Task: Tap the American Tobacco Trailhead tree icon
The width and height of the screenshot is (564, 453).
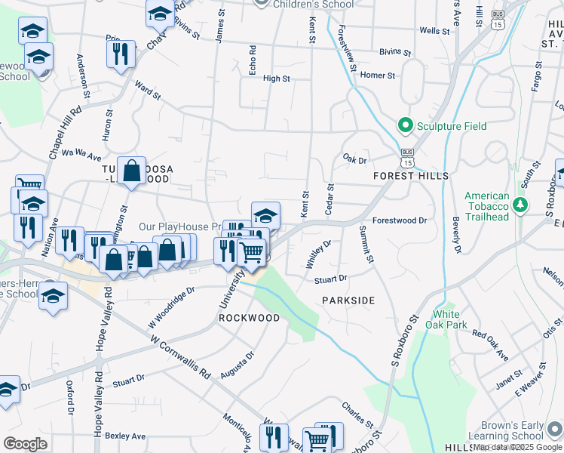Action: (x=520, y=205)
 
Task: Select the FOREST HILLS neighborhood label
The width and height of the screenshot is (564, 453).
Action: (x=411, y=175)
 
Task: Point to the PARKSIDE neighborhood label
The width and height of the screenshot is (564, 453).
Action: (x=348, y=300)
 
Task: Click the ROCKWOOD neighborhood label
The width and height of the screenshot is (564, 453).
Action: (x=249, y=318)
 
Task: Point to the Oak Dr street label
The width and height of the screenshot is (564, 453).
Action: (x=354, y=159)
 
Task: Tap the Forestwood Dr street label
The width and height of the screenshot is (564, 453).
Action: (x=400, y=220)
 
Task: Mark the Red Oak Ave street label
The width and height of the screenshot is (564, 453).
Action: (x=491, y=344)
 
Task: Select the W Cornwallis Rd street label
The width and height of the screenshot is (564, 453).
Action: (x=180, y=357)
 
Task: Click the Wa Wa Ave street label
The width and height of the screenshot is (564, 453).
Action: (x=81, y=156)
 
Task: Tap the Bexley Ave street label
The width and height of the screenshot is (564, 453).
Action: (x=125, y=436)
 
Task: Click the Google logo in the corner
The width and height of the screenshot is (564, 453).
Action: (x=25, y=444)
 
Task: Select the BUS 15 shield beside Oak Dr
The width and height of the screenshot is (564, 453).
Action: (x=407, y=160)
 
